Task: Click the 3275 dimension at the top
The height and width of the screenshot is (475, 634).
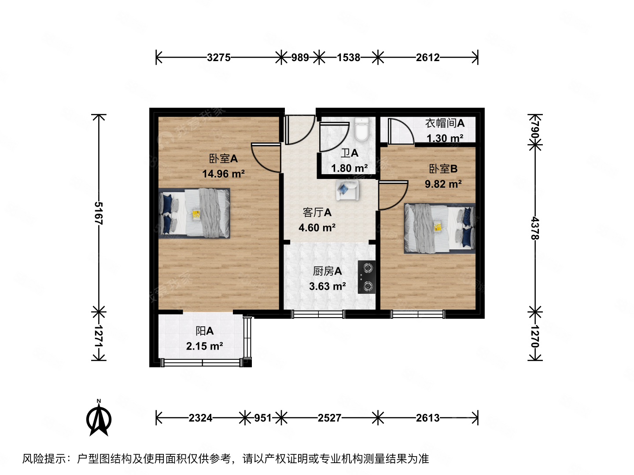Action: [218, 57]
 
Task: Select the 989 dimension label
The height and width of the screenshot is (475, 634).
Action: [300, 57]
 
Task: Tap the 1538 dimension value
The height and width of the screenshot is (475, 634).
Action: [348, 57]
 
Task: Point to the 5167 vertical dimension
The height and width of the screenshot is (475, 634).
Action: [98, 213]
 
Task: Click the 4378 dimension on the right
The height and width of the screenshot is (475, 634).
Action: [535, 228]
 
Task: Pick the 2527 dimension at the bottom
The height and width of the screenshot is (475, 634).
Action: [329, 418]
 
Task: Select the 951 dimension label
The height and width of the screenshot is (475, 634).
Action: [263, 418]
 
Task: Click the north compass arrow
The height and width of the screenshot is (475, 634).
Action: [99, 418]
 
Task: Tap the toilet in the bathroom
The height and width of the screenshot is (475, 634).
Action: [362, 129]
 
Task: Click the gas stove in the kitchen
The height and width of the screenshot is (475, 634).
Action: [366, 277]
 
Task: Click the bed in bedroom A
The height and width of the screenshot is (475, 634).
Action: [194, 213]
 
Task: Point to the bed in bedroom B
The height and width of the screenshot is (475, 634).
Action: [439, 228]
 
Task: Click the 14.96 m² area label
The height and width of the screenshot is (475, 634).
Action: [223, 174]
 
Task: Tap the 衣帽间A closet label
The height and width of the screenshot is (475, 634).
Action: [445, 123]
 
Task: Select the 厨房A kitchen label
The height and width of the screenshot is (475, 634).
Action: [327, 271]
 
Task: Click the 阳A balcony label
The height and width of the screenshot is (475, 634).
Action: [204, 331]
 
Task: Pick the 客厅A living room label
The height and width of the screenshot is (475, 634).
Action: [317, 212]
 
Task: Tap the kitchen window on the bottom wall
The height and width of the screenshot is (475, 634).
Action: [318, 314]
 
